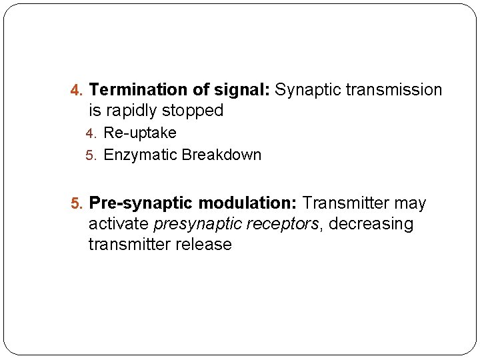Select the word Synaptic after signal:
pyautogui.click(x=307, y=90)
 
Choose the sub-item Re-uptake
pyautogui.click(x=140, y=133)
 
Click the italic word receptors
pyautogui.click(x=283, y=224)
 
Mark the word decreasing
pyautogui.click(x=371, y=224)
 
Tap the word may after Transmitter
pyautogui.click(x=410, y=203)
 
